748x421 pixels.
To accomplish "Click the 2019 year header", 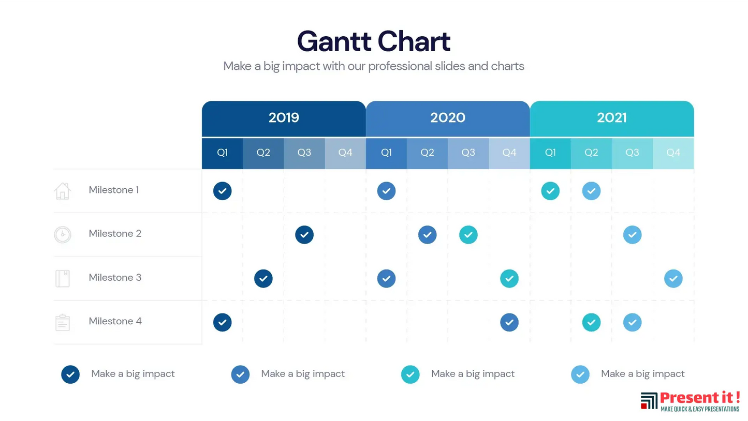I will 284,118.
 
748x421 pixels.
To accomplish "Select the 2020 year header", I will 448,118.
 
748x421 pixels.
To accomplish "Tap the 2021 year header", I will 612,118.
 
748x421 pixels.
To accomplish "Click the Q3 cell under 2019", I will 304,153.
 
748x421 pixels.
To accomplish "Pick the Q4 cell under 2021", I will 673,153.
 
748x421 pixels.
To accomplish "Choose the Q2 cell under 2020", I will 427,153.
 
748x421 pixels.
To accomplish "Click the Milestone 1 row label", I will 114,190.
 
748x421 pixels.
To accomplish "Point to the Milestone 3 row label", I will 115,278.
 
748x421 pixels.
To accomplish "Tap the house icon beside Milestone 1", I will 62,191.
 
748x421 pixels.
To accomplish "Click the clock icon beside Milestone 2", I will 62,234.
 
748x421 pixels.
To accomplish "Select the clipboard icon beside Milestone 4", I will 62,322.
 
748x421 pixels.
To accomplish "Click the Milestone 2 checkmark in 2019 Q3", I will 304,235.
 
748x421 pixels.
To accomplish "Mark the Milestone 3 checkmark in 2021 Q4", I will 673,279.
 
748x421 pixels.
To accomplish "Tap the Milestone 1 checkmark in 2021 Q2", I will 591,191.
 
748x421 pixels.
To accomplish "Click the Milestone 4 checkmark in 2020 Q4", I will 509,322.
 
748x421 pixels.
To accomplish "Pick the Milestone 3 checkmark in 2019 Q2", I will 263,279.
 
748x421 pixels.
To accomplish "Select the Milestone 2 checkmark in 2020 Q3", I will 468,235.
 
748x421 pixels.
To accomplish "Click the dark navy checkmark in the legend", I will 70,374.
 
